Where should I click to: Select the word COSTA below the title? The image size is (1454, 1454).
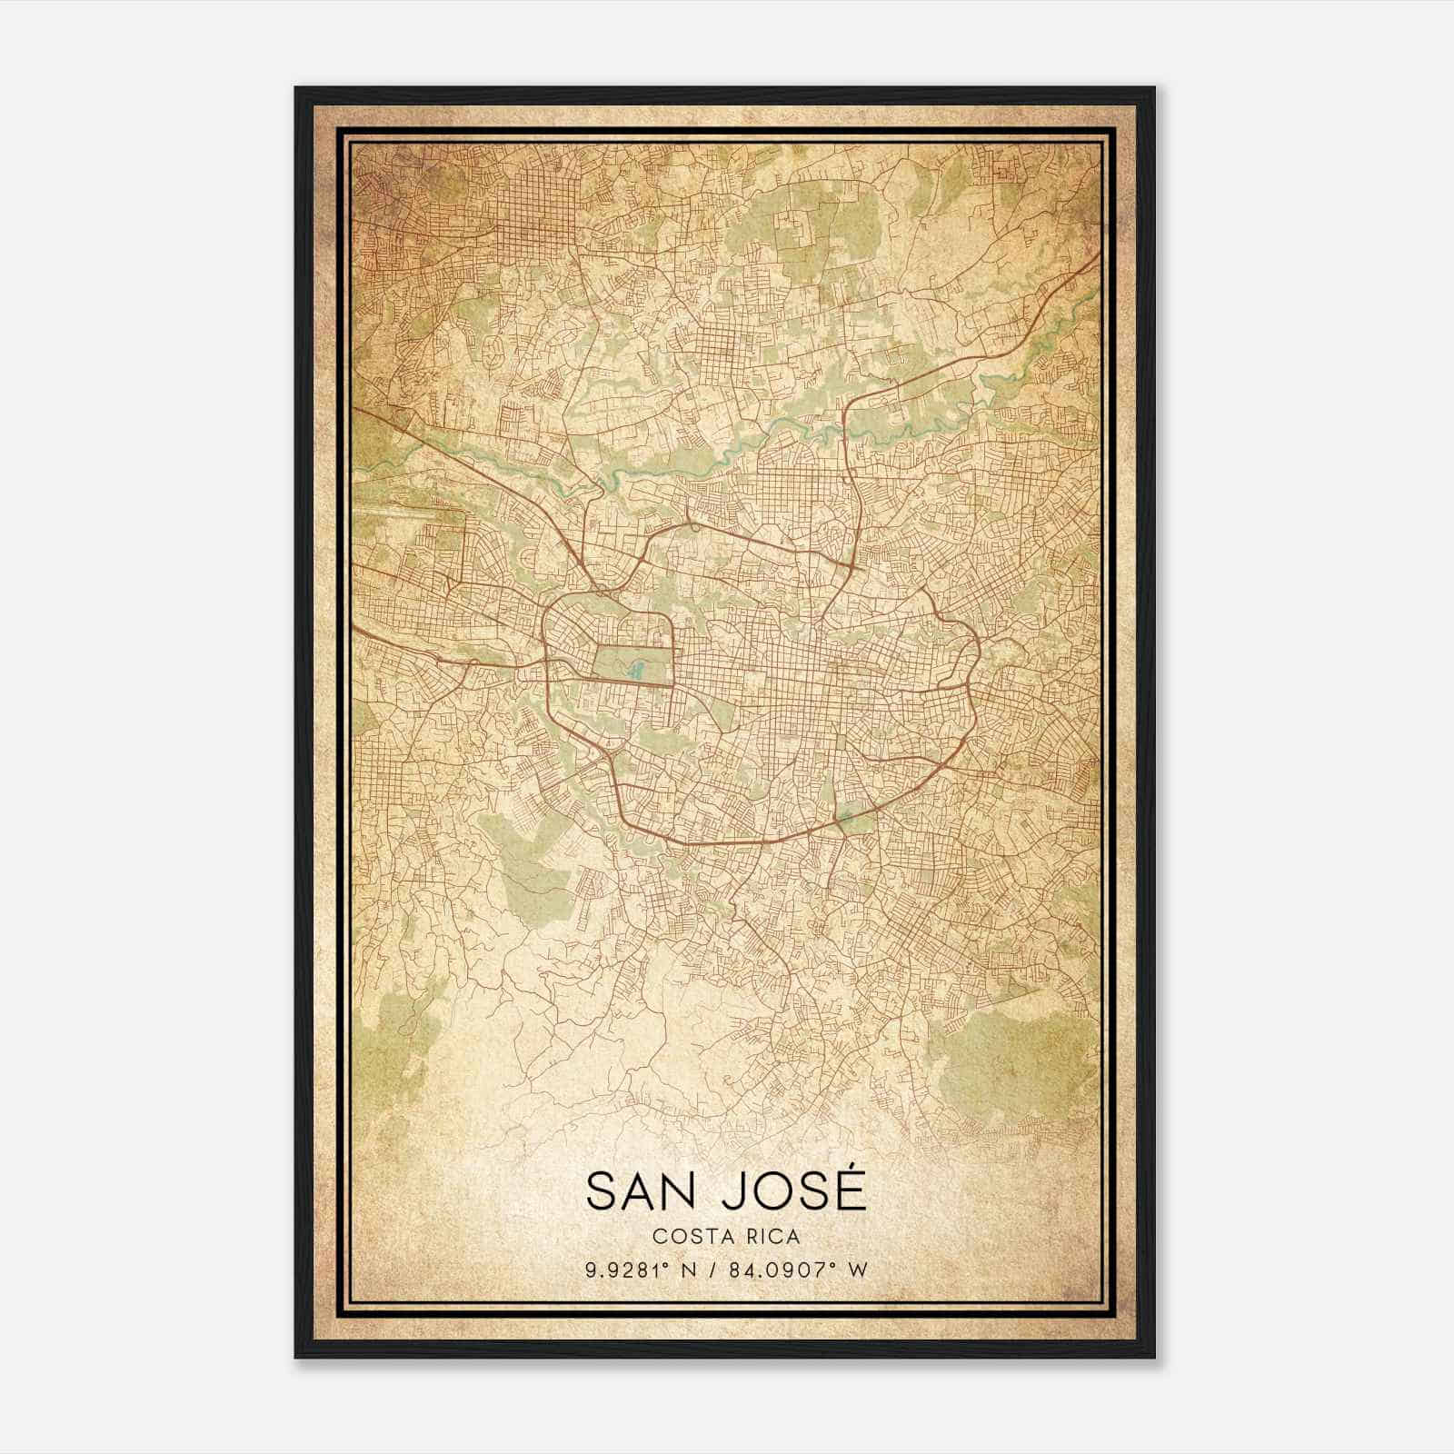click(688, 1236)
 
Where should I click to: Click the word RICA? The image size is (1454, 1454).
click(772, 1236)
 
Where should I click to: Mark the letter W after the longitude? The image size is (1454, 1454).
click(855, 1270)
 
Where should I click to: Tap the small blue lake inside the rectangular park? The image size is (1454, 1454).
click(636, 672)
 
